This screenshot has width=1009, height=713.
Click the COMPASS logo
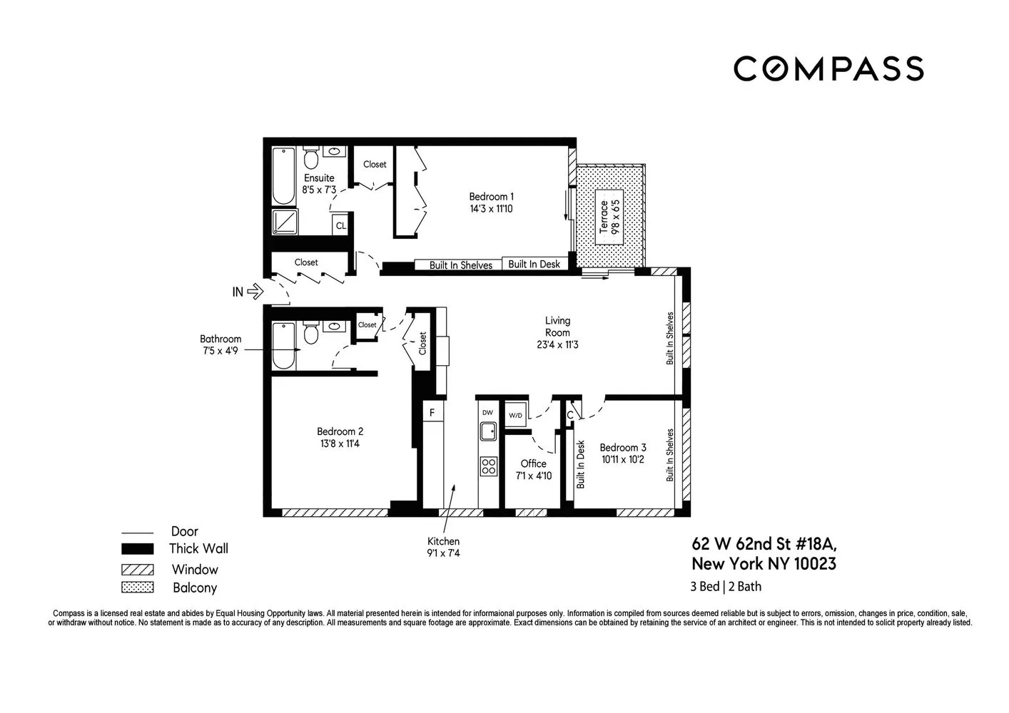tap(828, 68)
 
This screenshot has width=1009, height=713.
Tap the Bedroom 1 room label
tap(491, 197)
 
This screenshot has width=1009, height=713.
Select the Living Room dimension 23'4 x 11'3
tap(557, 344)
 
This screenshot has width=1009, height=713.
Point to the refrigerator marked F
tap(432, 413)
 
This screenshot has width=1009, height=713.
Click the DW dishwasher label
tap(487, 413)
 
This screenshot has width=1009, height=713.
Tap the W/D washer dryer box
tap(515, 415)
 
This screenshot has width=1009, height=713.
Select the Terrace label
tap(604, 217)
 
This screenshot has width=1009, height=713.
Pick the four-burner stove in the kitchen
tap(488, 466)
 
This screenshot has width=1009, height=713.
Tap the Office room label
tap(533, 463)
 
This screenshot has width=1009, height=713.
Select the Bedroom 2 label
tap(340, 431)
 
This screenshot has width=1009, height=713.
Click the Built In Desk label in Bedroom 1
tap(534, 265)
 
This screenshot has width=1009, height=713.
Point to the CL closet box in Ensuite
tap(340, 225)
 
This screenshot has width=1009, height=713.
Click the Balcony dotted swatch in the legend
tap(137, 588)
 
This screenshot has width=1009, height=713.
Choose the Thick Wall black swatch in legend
tap(137, 549)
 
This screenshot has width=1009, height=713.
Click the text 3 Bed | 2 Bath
tap(726, 587)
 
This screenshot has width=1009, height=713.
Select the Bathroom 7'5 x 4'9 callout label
tap(220, 344)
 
